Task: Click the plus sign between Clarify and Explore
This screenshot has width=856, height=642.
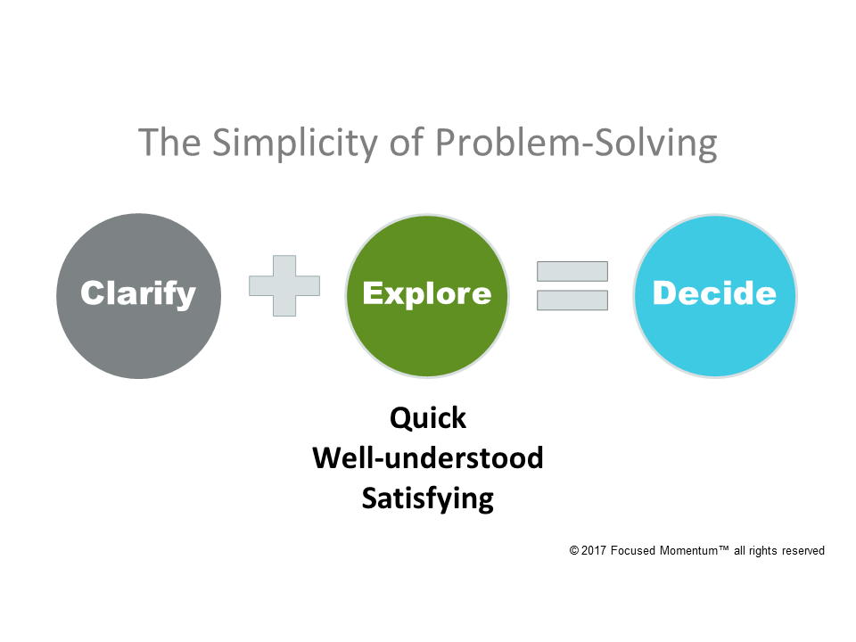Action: tap(284, 285)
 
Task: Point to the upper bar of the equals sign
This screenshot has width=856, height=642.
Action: tap(572, 271)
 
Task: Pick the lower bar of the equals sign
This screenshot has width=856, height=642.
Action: tap(572, 300)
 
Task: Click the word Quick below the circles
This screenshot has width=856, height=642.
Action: tap(428, 417)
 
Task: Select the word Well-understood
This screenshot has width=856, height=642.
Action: tap(428, 457)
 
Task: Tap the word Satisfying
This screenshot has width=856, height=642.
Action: tap(428, 498)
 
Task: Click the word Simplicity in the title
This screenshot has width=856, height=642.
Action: tap(276, 143)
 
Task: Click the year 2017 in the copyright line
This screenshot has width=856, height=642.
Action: tap(596, 551)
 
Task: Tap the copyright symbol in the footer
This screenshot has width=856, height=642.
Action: tap(574, 551)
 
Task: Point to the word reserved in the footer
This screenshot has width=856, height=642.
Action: tap(802, 551)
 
